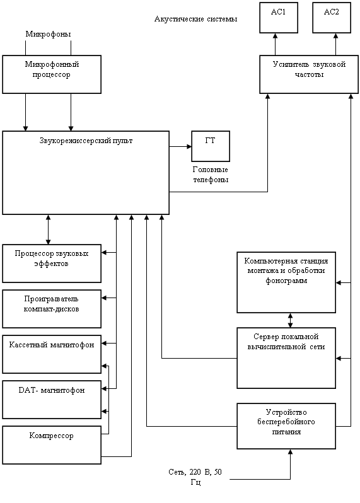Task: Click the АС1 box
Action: (x=279, y=18)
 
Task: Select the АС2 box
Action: (x=332, y=18)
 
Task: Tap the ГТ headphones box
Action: (x=211, y=146)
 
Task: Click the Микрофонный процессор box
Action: (x=52, y=74)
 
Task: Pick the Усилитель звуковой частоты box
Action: (x=309, y=74)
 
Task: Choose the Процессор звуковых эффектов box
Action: (x=52, y=263)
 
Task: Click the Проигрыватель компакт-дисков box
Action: (x=52, y=309)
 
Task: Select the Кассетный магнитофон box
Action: (x=52, y=354)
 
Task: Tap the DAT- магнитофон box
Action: (x=52, y=400)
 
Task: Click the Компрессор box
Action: (x=52, y=445)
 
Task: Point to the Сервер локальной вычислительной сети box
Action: (x=286, y=358)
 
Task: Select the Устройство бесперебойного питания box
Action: (x=286, y=426)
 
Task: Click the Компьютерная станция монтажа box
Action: (x=286, y=282)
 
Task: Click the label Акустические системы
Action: (x=195, y=19)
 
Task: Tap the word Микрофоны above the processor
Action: (x=48, y=34)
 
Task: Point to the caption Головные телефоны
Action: (x=211, y=175)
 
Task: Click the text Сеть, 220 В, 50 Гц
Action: (x=195, y=477)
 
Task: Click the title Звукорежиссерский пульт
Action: (x=86, y=141)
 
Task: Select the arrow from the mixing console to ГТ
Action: (x=180, y=147)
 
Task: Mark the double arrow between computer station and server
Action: (x=291, y=320)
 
